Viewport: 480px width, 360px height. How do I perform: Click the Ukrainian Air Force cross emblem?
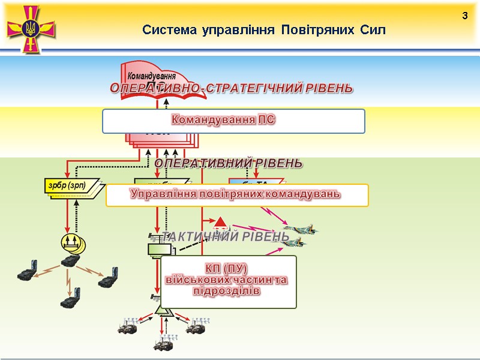pyautogui.click(x=30, y=28)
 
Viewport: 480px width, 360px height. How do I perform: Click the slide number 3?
pyautogui.click(x=464, y=15)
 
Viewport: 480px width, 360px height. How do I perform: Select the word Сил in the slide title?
pyautogui.click(x=373, y=29)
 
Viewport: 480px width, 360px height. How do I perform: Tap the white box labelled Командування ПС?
pyautogui.click(x=233, y=121)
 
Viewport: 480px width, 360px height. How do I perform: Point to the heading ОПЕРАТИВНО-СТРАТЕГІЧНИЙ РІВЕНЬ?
pyautogui.click(x=231, y=88)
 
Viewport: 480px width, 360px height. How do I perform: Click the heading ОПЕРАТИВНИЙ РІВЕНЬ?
pyautogui.click(x=229, y=163)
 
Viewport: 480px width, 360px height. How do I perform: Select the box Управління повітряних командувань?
pyautogui.click(x=236, y=194)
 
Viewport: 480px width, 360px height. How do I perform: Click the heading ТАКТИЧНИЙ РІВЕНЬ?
pyautogui.click(x=226, y=237)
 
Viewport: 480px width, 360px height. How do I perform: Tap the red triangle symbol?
pyautogui.click(x=220, y=223)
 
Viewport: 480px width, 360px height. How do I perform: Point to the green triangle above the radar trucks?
pyautogui.click(x=162, y=310)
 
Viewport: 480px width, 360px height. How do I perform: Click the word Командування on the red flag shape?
pyautogui.click(x=151, y=76)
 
